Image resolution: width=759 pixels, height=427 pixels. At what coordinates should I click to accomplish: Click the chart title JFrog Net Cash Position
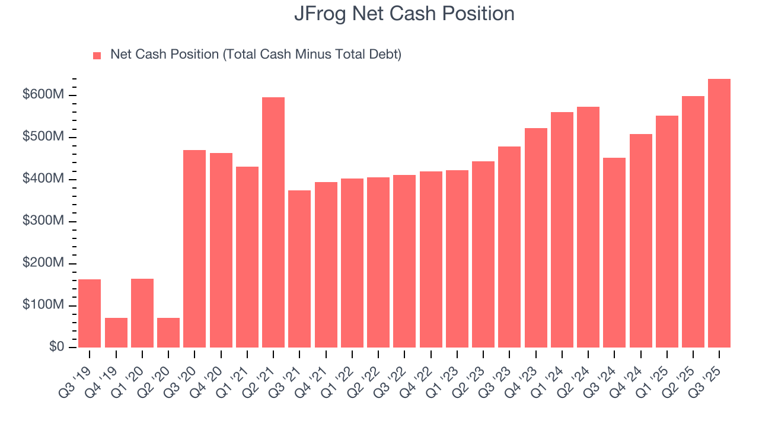(x=404, y=14)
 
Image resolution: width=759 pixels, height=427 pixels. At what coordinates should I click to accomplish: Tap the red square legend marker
(x=97, y=55)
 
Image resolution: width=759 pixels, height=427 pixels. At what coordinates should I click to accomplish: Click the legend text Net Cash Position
(x=256, y=55)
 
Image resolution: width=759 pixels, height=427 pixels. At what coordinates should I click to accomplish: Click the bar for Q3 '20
(x=194, y=248)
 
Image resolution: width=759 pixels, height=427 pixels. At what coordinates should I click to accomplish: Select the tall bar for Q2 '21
(x=273, y=222)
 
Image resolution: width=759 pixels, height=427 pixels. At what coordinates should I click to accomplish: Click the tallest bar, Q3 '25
(x=719, y=213)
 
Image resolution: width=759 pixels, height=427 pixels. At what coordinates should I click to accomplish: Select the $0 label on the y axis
(x=57, y=347)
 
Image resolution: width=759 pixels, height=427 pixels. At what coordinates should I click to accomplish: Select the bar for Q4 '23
(x=535, y=238)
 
